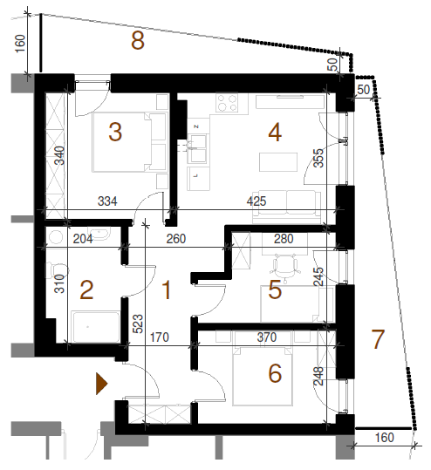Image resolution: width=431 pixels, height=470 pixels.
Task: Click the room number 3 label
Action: [x=115, y=133]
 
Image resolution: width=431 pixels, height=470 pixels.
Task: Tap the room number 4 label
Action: [x=275, y=133]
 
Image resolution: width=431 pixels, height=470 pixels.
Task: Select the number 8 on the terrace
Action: [x=138, y=40]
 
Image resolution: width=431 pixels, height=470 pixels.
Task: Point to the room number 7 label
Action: [x=378, y=339]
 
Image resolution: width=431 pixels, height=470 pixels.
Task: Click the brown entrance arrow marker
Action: [x=101, y=384]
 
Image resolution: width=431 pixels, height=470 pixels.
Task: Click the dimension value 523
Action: [x=138, y=324]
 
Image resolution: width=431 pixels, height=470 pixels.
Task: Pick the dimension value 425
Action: [x=257, y=201]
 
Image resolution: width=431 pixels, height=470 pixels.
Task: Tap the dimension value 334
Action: [x=107, y=201]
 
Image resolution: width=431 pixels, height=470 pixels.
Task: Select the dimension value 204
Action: [x=83, y=239]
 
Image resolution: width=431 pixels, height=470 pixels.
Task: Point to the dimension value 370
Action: [x=267, y=337]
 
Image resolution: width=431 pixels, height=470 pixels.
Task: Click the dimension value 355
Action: [x=318, y=158]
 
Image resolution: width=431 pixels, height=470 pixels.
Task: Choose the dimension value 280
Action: [x=284, y=239]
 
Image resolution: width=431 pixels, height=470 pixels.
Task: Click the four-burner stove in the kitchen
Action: [x=227, y=103]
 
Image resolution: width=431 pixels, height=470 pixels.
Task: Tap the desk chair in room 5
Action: [x=284, y=268]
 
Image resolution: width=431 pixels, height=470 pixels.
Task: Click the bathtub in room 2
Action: [x=96, y=327]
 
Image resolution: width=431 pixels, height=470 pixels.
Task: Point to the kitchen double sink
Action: [x=197, y=149]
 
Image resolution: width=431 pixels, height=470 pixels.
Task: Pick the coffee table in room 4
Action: [x=278, y=162]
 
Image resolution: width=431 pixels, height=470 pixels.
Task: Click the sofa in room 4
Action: [x=286, y=207]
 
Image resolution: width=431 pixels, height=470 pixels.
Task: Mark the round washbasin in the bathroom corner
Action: [x=55, y=237]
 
